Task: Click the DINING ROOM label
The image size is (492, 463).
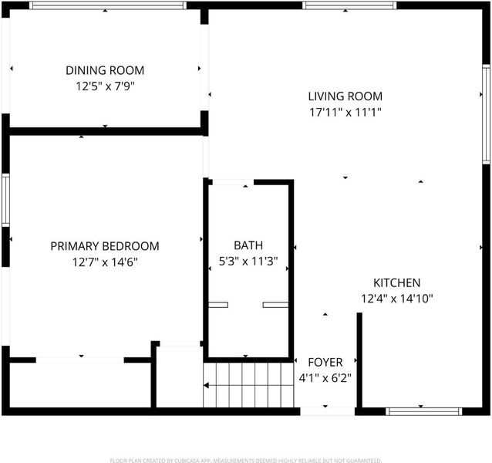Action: point(105,70)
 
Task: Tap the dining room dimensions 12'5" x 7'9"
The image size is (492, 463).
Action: point(105,86)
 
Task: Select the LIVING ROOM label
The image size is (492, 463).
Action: point(345,96)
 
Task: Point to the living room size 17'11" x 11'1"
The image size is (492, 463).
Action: point(345,112)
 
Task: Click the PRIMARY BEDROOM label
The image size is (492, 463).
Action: point(105,246)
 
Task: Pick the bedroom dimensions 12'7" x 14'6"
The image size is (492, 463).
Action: point(105,262)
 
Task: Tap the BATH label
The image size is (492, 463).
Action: point(248,245)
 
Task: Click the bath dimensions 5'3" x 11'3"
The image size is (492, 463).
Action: point(248,261)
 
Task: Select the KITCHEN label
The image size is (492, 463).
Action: point(396,283)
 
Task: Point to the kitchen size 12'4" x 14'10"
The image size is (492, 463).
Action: point(397,298)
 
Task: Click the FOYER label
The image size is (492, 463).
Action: point(325,362)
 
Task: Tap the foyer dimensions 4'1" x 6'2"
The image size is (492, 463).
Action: point(325,378)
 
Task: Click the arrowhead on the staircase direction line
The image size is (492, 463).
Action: point(206,385)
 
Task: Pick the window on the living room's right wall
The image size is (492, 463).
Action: point(486,114)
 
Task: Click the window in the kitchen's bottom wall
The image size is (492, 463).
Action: point(423,411)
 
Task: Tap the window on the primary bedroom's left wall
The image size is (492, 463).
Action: point(5,200)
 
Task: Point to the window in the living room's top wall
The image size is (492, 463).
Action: point(349,5)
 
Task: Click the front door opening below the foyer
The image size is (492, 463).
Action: point(327,411)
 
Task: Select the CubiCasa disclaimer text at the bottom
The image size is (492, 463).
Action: point(246,461)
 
